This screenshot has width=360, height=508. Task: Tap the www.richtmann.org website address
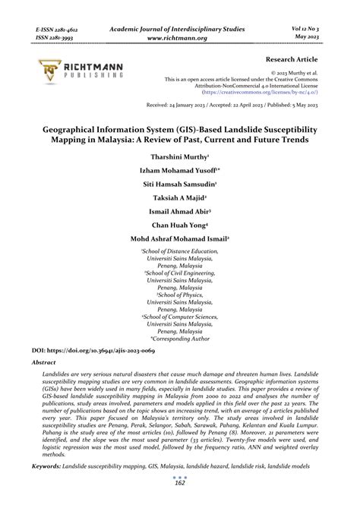(179, 36)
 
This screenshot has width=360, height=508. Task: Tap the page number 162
(180, 482)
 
